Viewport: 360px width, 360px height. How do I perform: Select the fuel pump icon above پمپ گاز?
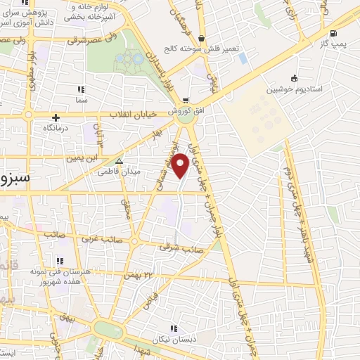[333, 33]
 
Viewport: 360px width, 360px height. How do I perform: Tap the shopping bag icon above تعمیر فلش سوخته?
[202, 39]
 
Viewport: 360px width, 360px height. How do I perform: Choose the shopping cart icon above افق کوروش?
[186, 101]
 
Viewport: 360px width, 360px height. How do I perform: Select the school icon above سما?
[81, 90]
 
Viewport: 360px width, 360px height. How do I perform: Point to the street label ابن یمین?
[79, 157]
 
